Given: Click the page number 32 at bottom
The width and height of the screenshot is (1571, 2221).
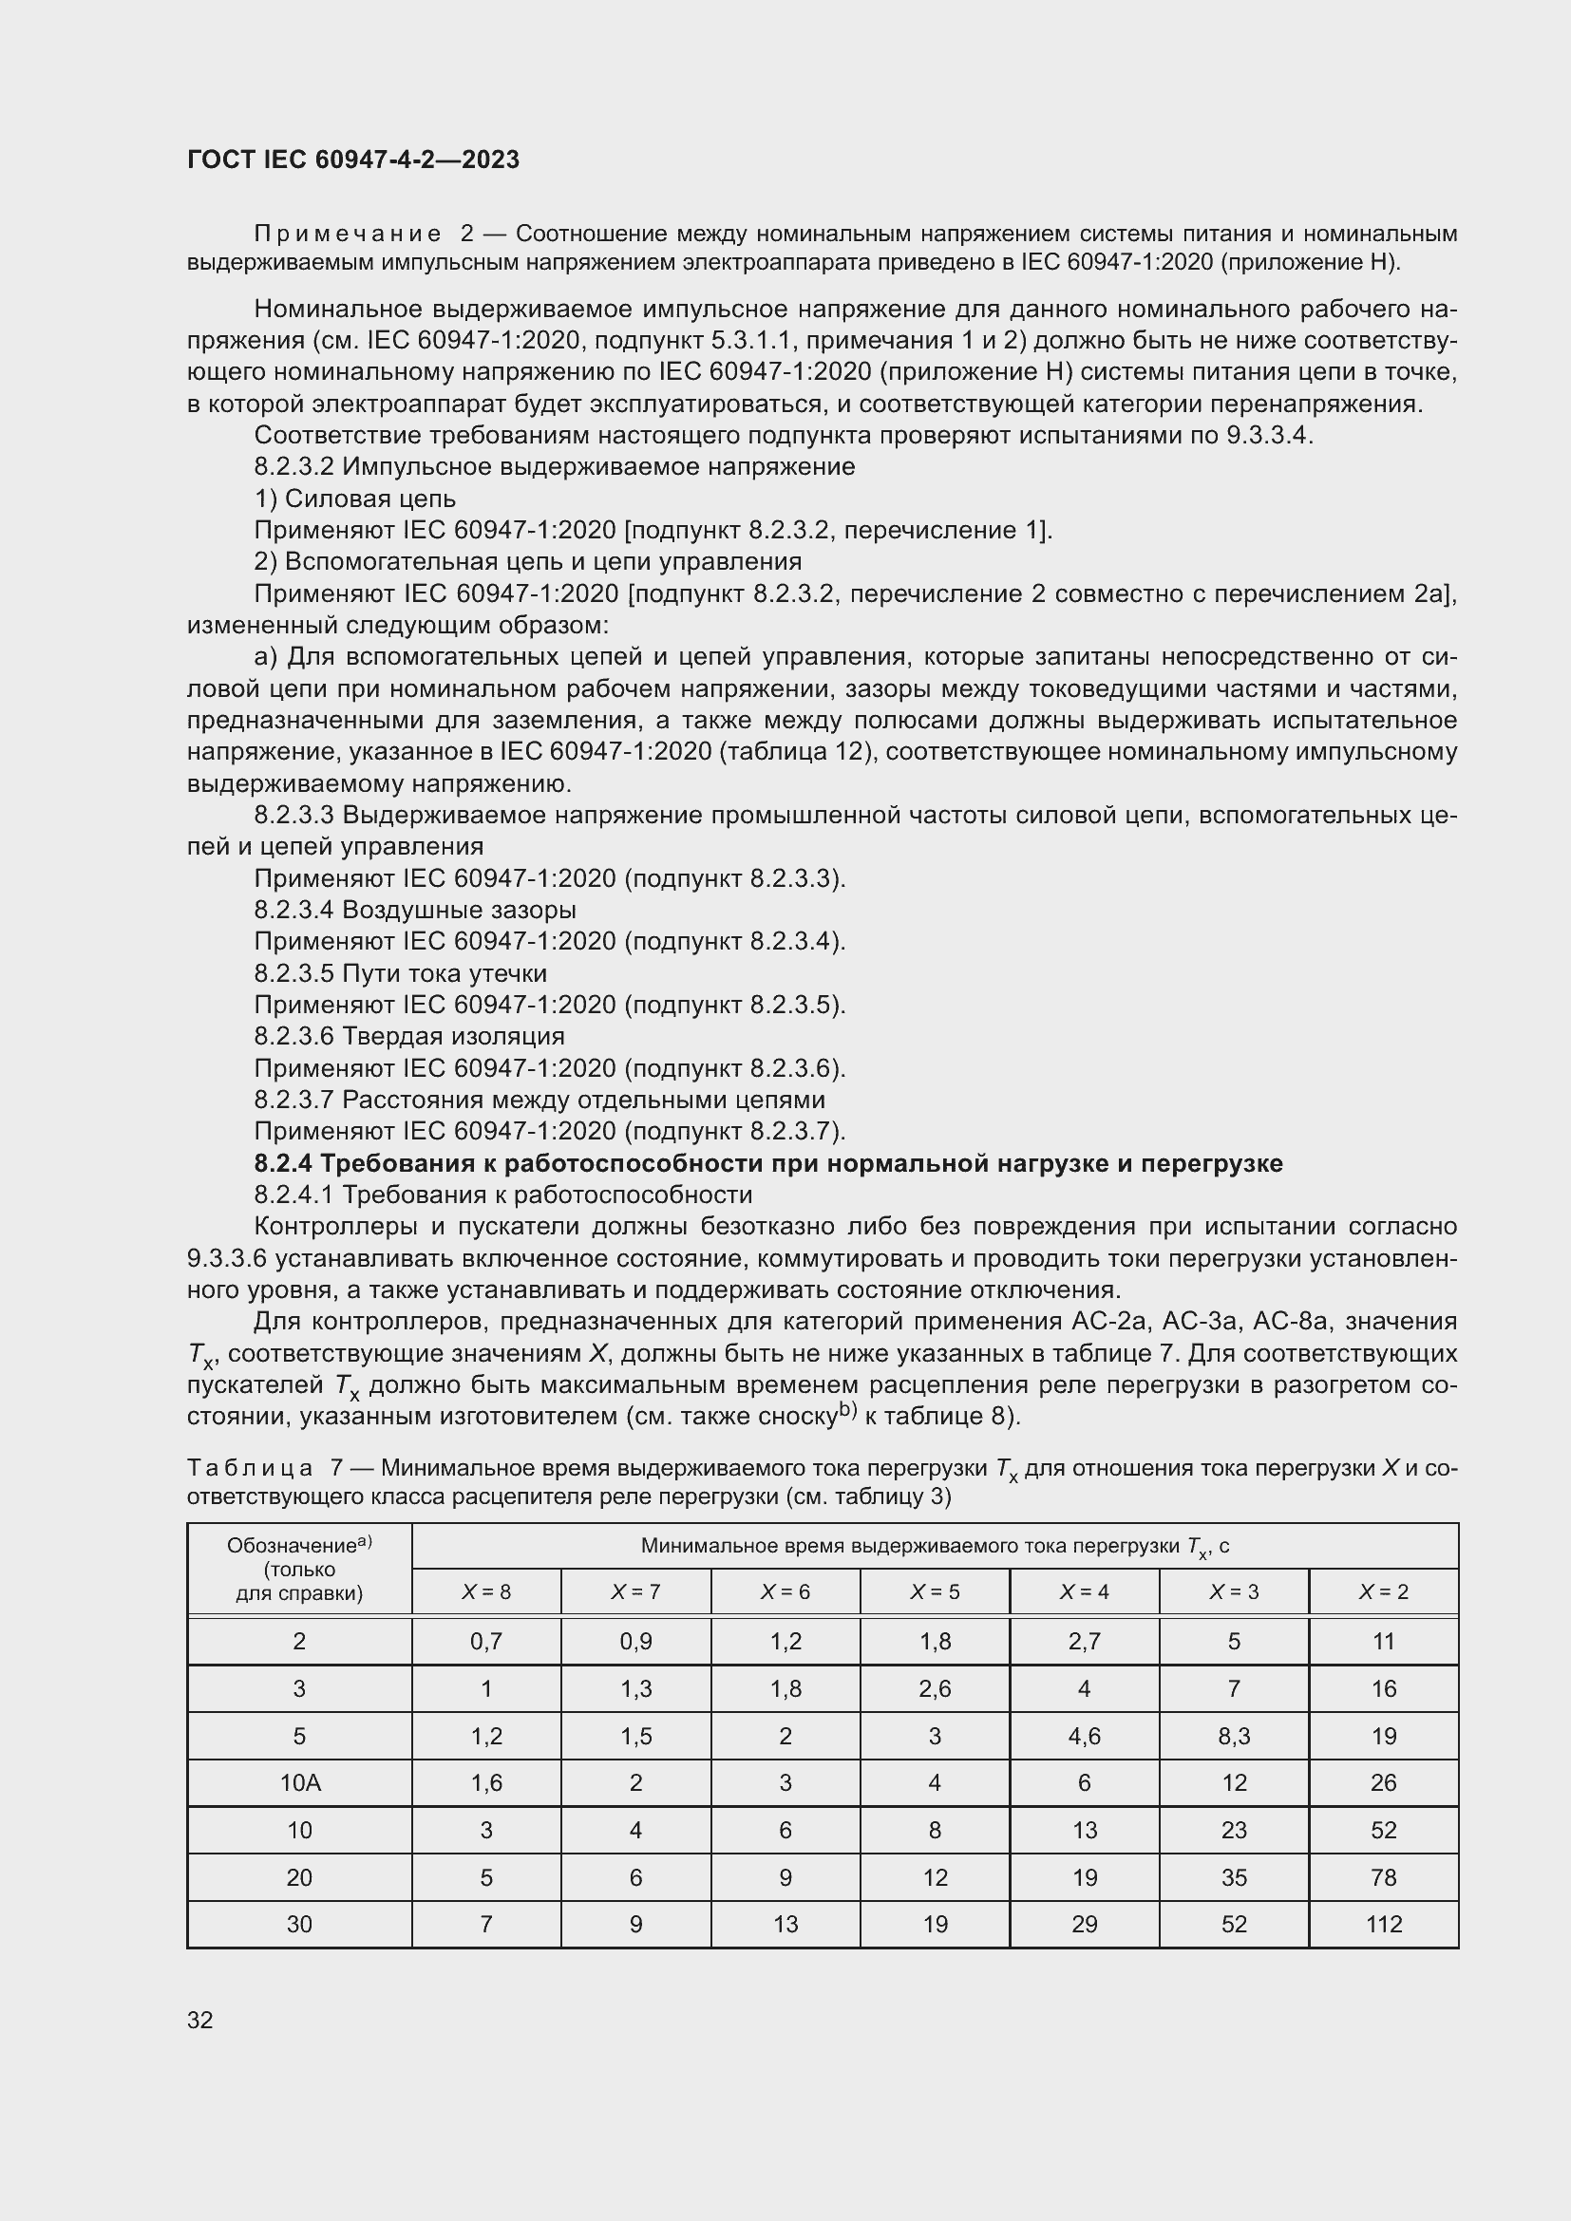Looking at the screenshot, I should click(200, 2020).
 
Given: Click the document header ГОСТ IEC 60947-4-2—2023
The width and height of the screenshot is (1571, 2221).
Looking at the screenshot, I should click(353, 160).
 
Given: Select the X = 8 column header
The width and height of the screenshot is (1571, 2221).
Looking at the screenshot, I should click(485, 1591).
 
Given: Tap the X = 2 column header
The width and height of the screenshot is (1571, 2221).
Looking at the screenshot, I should click(1383, 1591).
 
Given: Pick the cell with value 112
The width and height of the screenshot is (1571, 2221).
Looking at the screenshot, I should click(1383, 1924).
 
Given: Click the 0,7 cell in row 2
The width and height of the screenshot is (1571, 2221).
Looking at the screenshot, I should click(485, 1642).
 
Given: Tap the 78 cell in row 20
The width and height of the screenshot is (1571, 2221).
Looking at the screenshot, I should click(1383, 1877).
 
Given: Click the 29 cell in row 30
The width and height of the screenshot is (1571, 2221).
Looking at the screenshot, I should click(1084, 1924).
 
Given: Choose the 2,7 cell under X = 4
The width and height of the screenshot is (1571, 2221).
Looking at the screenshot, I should click(1084, 1642).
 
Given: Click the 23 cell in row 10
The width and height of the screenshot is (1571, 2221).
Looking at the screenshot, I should click(1234, 1830).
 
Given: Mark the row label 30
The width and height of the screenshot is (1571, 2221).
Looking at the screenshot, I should click(299, 1924).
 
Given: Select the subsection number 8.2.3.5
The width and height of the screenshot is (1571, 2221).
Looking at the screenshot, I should click(294, 973).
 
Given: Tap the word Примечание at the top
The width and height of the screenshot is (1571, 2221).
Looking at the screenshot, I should click(348, 235).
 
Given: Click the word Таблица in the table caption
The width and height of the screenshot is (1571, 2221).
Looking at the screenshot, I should click(250, 1468).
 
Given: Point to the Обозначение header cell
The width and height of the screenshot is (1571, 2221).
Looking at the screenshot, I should click(299, 1567).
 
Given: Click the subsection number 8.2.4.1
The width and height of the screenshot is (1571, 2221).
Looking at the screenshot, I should click(294, 1195).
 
